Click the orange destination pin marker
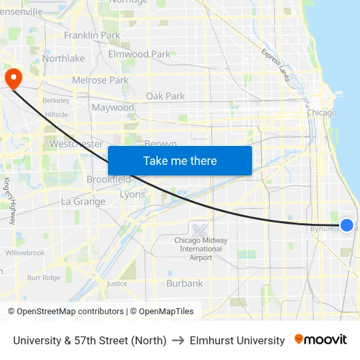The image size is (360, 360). tap(13, 79)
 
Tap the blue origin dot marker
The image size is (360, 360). tap(347, 225)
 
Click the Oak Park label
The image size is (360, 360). tap(165, 96)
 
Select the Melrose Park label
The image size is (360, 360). tap(100, 81)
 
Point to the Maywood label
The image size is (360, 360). tap(113, 107)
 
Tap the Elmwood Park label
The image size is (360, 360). tap(139, 54)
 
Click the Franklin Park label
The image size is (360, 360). tap(92, 35)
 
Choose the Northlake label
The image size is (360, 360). tap(63, 58)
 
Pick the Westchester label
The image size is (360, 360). tap(76, 144)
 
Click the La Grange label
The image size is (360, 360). tap(83, 202)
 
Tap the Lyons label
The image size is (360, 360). tap(132, 194)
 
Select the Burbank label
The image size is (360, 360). tap(185, 283)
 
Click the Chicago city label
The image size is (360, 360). tap(322, 113)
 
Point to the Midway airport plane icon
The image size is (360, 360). tap(200, 230)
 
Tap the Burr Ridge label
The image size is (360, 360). tap(44, 278)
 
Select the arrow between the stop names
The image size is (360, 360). tap(178, 340)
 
